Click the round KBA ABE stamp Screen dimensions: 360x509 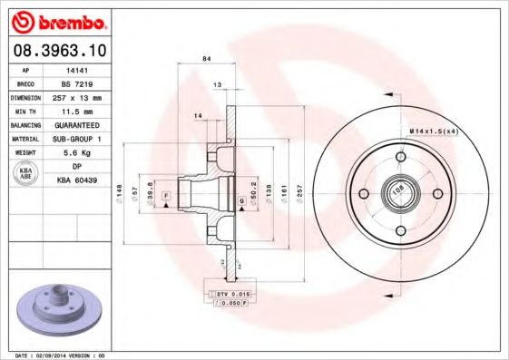click(x=26, y=174)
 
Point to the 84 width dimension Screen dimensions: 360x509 click(x=207, y=58)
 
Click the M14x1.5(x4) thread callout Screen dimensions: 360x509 click(x=435, y=131)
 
